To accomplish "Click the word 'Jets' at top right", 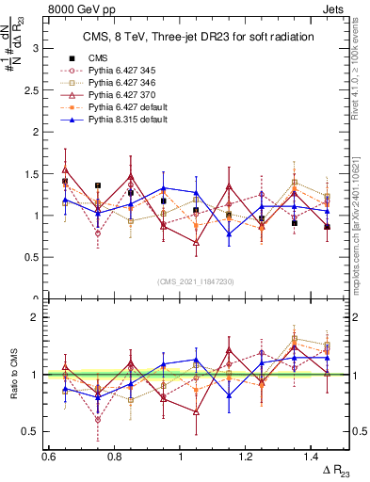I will coord(335,9).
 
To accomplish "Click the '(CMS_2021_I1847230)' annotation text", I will coord(196,281).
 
